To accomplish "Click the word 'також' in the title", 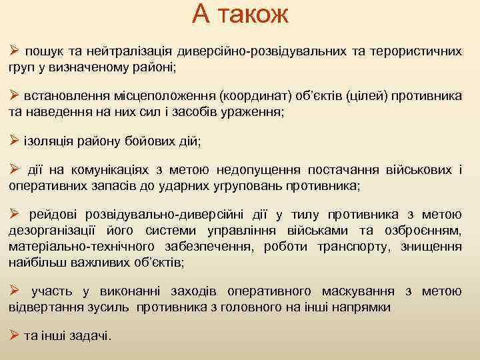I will (256, 15).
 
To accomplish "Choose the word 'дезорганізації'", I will (49, 231).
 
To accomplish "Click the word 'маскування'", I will (357, 291).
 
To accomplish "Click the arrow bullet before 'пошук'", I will (14, 51).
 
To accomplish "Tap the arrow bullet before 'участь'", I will (14, 291).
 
